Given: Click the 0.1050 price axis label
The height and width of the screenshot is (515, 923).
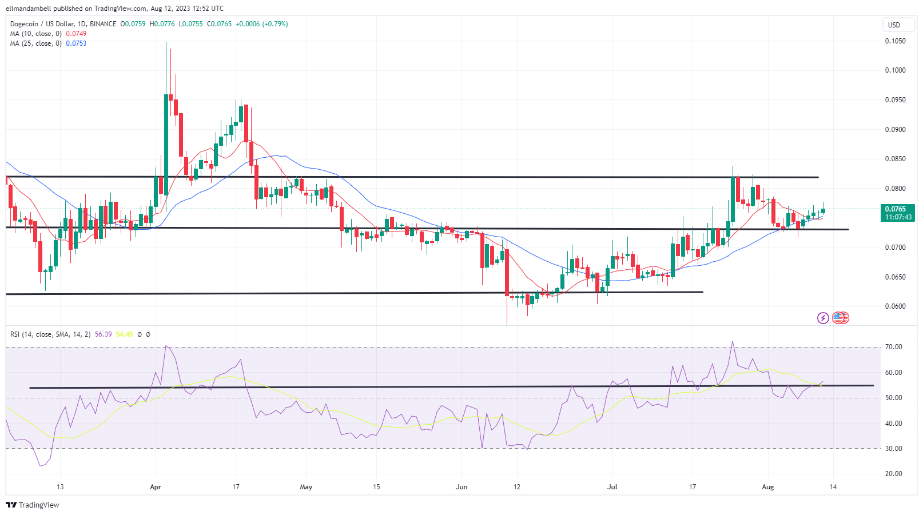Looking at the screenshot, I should tap(895, 41).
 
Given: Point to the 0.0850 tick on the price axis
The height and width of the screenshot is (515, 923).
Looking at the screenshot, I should tap(895, 159).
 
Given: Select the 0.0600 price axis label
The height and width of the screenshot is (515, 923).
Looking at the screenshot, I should tap(895, 306).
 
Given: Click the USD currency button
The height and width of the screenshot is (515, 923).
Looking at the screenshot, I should tap(894, 25).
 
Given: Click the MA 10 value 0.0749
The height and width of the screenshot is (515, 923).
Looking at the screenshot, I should tap(76, 34).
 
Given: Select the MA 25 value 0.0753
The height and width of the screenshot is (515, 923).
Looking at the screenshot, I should tap(76, 43).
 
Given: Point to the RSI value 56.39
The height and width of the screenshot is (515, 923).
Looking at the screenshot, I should tap(103, 334).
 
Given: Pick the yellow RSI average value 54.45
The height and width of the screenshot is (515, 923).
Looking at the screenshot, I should tap(124, 334).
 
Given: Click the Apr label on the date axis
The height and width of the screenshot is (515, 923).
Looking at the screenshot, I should tap(156, 487).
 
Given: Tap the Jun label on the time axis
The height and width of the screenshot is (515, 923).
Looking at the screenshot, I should tap(462, 487).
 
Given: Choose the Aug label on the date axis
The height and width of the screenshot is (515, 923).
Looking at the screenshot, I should tap(768, 487).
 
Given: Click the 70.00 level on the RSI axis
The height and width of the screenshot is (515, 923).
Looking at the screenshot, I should tap(893, 347).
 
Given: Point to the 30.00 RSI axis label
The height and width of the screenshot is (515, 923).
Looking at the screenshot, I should tap(893, 449).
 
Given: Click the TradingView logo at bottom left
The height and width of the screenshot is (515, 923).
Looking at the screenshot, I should tap(33, 505).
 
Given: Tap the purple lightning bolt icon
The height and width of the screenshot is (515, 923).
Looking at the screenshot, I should tap(823, 318).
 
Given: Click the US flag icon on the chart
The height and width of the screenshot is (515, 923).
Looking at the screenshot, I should tap(840, 318).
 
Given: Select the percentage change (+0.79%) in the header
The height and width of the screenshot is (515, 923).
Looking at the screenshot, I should tap(275, 24).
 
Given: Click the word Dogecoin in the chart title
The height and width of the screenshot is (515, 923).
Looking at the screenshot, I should tap(24, 24).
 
